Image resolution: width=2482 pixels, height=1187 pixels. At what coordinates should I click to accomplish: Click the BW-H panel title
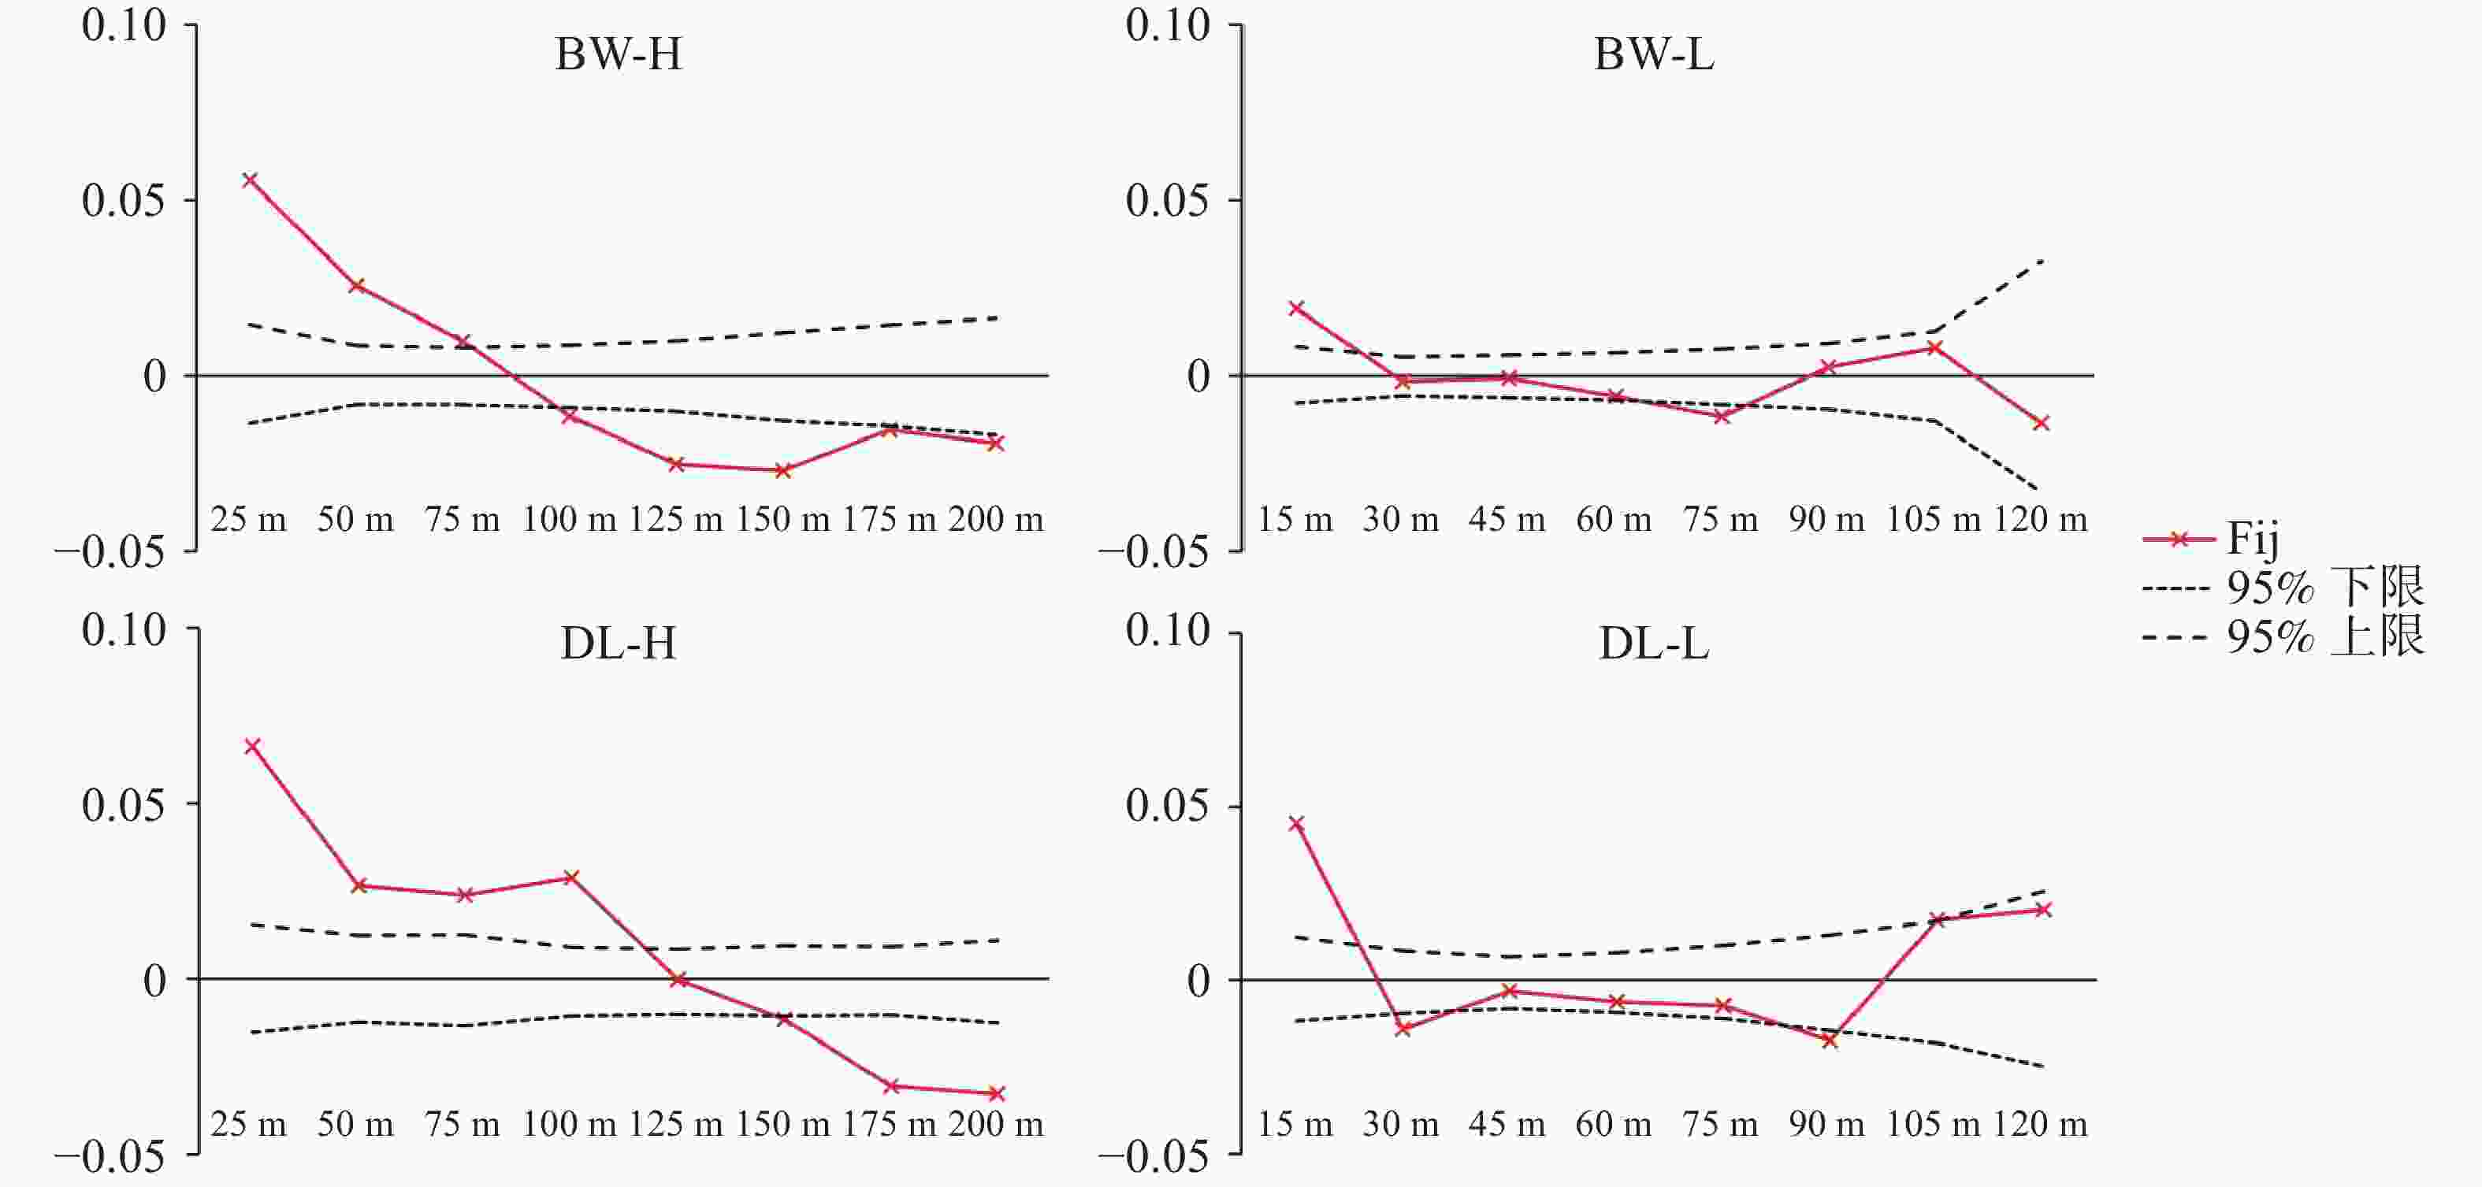pos(619,54)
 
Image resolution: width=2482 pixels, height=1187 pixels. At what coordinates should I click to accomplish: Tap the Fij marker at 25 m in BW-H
pos(251,180)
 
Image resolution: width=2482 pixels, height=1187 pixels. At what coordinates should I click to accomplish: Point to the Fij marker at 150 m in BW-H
pos(783,470)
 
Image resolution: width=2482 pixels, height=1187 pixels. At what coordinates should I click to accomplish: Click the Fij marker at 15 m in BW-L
pos(1297,308)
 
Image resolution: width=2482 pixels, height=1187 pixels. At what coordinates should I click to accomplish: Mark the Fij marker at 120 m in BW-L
pos(2041,423)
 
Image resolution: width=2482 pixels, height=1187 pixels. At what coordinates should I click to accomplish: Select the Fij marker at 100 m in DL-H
pos(571,877)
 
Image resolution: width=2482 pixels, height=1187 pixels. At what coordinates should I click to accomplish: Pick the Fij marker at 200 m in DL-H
pos(998,1093)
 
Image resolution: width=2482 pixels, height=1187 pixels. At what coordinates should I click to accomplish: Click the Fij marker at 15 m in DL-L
pos(1297,824)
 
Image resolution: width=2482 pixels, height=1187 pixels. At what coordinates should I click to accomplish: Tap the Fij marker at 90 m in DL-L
pos(1829,1040)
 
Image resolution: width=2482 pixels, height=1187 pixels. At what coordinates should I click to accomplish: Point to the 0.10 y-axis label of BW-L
pos(1167,25)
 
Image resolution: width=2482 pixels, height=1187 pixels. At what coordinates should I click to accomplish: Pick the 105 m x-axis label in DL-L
pos(1933,1124)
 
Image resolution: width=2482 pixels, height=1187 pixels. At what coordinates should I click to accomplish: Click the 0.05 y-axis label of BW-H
pos(124,200)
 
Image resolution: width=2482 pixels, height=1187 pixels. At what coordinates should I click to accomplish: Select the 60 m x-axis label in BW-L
pos(1614,521)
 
